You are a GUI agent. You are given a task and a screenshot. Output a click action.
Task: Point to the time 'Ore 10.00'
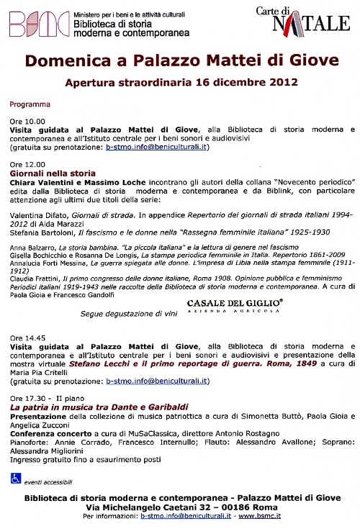coord(27,121)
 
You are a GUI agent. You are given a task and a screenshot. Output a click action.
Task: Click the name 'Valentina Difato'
coord(37,205)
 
